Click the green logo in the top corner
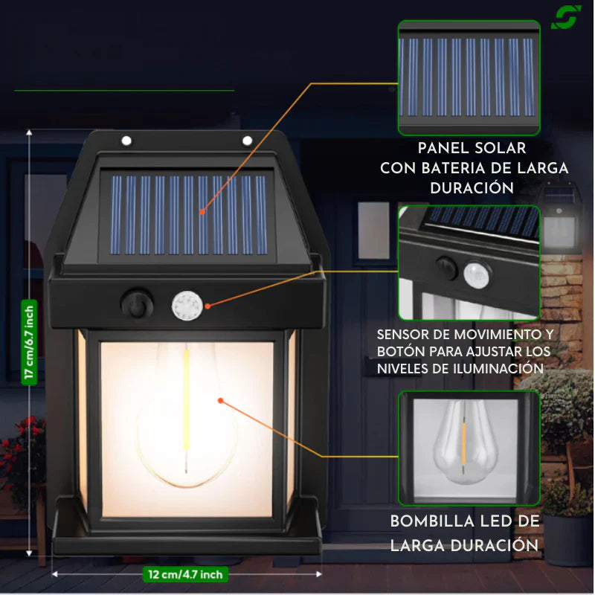tap(565, 17)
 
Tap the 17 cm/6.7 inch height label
tap(29, 342)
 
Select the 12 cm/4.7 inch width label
tap(185, 574)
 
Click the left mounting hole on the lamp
tap(126, 141)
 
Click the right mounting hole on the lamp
tap(247, 141)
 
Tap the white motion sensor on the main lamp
tap(187, 306)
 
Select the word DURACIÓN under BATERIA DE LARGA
tap(472, 188)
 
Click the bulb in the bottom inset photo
tap(465, 442)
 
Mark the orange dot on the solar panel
tap(202, 212)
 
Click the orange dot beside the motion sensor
tap(208, 306)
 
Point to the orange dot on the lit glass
tap(220, 400)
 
